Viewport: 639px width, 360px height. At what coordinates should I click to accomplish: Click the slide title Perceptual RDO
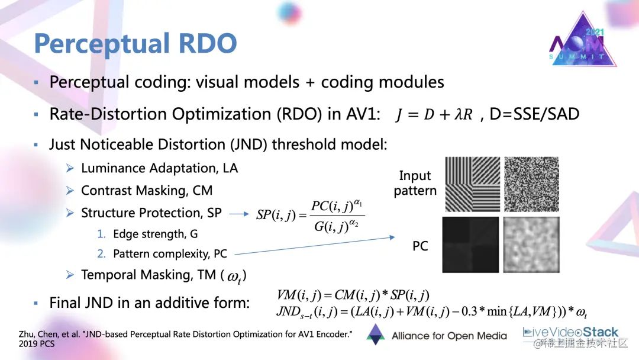[135, 44]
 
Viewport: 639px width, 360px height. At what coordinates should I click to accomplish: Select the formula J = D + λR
[434, 114]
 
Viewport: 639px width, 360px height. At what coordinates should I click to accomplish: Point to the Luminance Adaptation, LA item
[159, 168]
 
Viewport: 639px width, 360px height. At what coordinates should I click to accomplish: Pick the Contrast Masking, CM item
[146, 190]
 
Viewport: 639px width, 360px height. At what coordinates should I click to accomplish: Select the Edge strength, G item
[156, 234]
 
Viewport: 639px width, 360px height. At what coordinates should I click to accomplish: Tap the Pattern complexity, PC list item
[170, 254]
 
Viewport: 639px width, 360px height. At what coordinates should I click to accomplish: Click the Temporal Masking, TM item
[163, 275]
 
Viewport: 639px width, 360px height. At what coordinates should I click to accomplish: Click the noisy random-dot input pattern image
[531, 184]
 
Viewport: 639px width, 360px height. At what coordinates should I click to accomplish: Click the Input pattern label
[415, 183]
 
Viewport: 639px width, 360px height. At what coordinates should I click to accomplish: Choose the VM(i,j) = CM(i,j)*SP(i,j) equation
[353, 295]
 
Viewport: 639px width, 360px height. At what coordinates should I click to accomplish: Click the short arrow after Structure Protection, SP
[238, 214]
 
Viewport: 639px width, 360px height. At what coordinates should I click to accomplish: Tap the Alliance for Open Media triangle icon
[375, 335]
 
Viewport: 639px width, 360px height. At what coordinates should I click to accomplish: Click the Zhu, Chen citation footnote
[185, 339]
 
